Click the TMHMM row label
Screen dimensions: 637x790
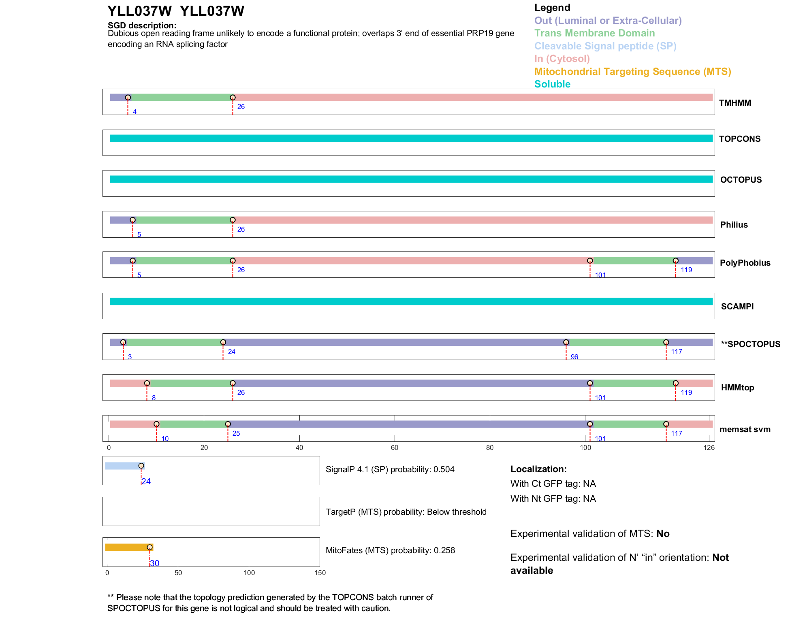(x=734, y=103)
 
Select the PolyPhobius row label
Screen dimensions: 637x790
(x=745, y=263)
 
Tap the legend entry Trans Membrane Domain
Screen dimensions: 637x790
(x=594, y=33)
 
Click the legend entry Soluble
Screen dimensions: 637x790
(x=552, y=84)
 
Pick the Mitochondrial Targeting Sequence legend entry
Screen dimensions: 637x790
(x=632, y=72)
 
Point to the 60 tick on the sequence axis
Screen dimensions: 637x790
(x=394, y=447)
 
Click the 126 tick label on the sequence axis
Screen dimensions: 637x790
(x=709, y=447)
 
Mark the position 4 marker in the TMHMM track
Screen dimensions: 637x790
(x=128, y=98)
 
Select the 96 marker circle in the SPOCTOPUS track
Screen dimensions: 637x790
(x=566, y=342)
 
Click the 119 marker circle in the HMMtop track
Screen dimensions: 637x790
(x=675, y=383)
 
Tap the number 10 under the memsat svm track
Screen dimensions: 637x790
(x=165, y=439)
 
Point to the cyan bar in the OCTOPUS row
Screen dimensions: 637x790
(x=411, y=179)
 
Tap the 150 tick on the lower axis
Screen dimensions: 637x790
(x=320, y=573)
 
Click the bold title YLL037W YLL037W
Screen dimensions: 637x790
(x=175, y=11)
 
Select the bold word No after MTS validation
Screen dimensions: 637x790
(x=663, y=534)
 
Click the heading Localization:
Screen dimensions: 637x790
(x=538, y=469)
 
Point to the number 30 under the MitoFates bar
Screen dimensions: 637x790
(x=154, y=563)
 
